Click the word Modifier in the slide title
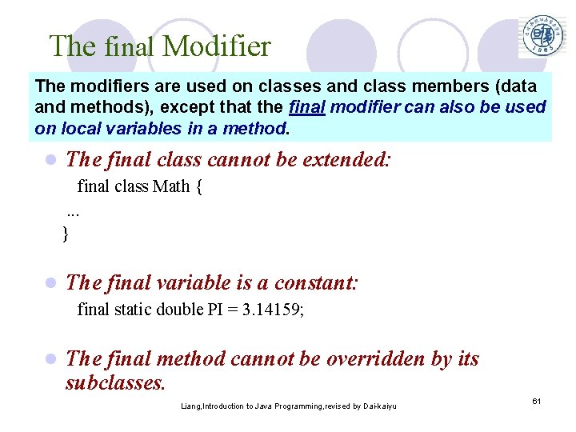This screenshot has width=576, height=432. (217, 46)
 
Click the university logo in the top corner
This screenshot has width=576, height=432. (543, 36)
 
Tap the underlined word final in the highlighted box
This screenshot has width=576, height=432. (306, 107)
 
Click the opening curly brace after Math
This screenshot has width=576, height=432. (198, 187)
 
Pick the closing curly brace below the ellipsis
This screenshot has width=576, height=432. (66, 234)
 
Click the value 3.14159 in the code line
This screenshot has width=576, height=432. (270, 310)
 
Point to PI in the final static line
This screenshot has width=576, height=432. (215, 310)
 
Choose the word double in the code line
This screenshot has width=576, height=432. (180, 310)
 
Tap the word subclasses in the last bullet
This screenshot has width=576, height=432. (115, 382)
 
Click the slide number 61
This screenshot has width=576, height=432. (538, 400)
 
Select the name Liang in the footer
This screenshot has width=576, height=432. (191, 406)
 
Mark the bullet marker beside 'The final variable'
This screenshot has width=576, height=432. (50, 283)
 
